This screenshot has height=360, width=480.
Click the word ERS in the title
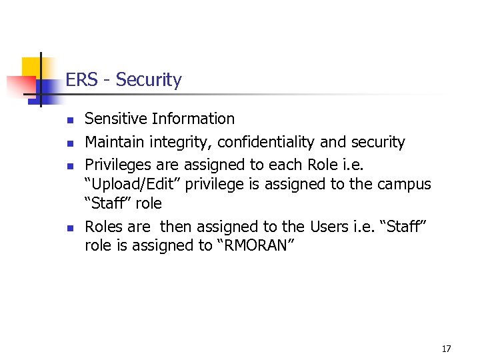tap(80, 80)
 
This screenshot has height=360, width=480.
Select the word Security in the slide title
tap(148, 81)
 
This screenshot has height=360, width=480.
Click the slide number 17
tap(446, 349)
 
